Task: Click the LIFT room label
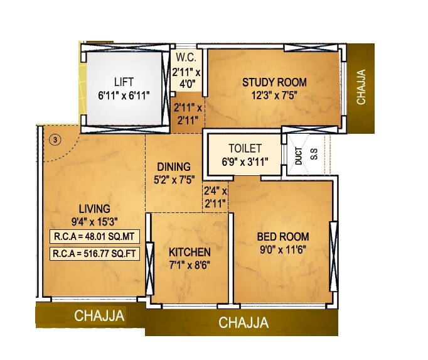(124, 81)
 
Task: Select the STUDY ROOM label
(274, 82)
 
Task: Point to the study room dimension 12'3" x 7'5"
(274, 95)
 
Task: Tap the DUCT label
(297, 156)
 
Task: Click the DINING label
(173, 166)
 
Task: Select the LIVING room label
(94, 208)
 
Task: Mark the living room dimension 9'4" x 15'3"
(94, 221)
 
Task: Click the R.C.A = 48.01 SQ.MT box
(95, 237)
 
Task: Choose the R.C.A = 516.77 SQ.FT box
(95, 254)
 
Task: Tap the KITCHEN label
(190, 251)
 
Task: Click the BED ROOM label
(282, 237)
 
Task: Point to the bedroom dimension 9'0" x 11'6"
(282, 249)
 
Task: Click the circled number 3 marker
(55, 139)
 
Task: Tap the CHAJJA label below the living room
(99, 316)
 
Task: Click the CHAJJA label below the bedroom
(243, 324)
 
